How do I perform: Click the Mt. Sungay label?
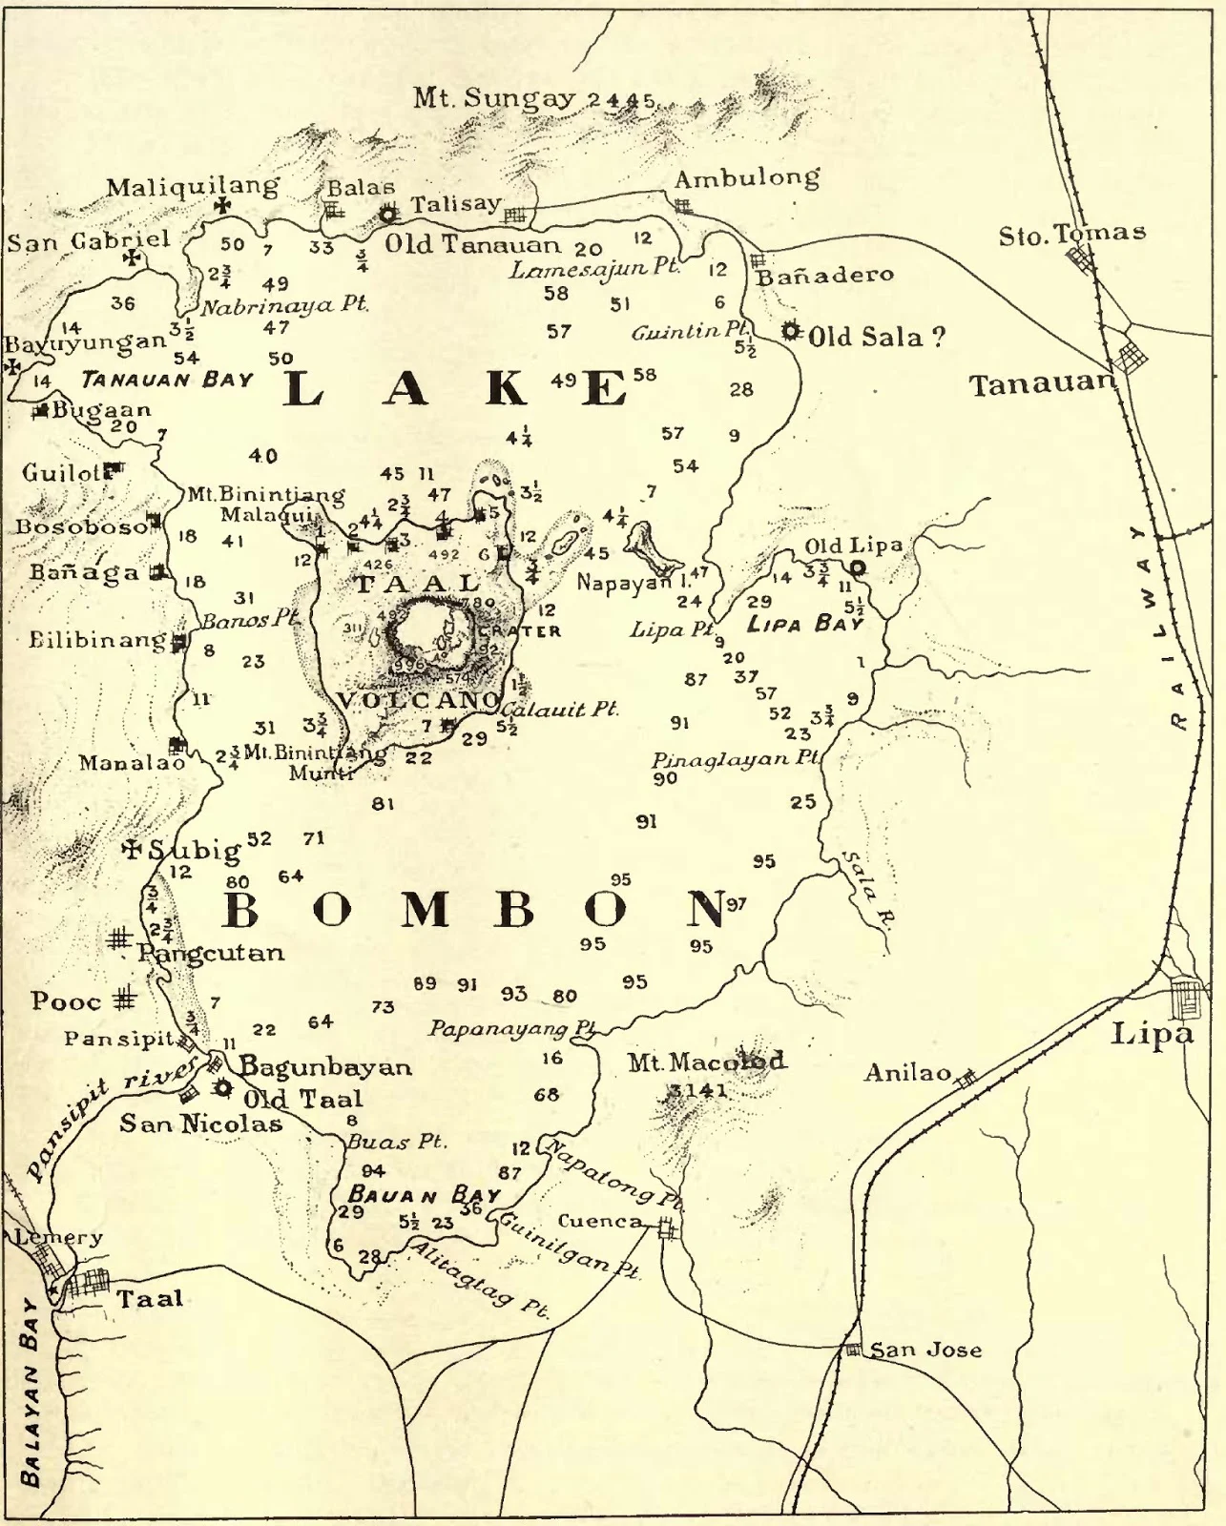click(494, 97)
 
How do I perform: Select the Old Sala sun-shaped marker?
click(790, 332)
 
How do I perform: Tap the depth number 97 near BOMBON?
click(737, 903)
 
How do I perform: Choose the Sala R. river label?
click(865, 889)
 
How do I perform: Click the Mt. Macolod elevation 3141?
click(698, 1090)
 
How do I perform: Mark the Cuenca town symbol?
click(667, 1229)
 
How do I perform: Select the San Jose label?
click(925, 1350)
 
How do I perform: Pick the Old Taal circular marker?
click(224, 1087)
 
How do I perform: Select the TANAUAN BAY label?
click(168, 380)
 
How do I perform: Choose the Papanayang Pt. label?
click(511, 1029)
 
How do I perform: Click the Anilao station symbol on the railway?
click(966, 1079)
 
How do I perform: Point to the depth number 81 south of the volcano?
click(383, 804)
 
